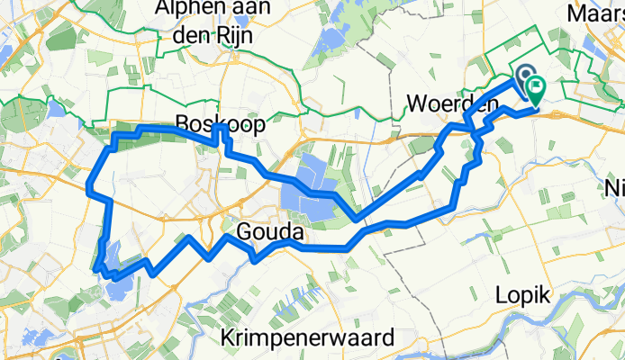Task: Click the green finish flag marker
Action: pyautogui.click(x=537, y=89)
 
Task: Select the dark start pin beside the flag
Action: pyautogui.click(x=523, y=76)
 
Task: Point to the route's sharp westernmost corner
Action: pyautogui.click(x=88, y=189)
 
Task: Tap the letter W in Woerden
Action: pyautogui.click(x=415, y=105)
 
